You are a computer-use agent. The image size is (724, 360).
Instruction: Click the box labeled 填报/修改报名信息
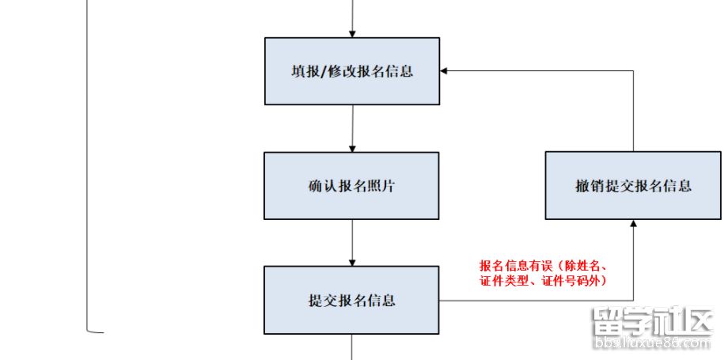click(351, 71)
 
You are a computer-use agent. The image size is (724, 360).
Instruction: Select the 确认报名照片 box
click(351, 186)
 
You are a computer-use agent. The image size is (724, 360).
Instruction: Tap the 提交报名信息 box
click(351, 300)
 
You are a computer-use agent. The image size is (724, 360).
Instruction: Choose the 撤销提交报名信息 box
click(633, 186)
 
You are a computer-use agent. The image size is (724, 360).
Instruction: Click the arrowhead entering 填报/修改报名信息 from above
click(352, 33)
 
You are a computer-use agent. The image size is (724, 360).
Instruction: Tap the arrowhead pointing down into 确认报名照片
click(352, 148)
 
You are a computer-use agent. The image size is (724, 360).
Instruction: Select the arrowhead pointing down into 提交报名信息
click(352, 262)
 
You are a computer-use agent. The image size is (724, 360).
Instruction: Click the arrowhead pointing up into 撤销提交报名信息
click(634, 224)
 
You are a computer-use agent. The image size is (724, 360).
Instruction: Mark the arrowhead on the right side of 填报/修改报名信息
click(445, 71)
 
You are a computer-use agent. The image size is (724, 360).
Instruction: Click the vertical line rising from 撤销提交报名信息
click(634, 111)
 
